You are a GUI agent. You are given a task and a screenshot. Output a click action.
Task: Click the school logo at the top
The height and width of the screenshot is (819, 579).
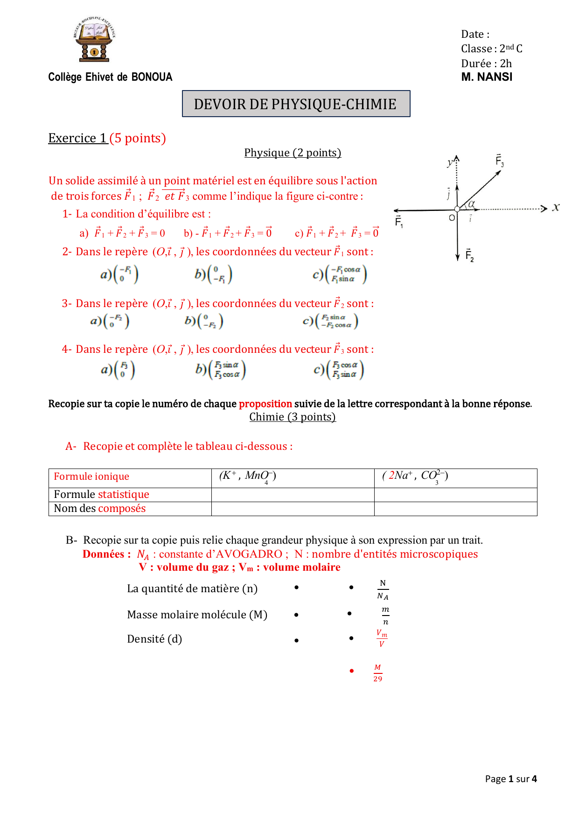point(94,40)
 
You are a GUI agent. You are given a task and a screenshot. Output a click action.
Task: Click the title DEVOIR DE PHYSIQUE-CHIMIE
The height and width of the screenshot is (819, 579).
point(295,104)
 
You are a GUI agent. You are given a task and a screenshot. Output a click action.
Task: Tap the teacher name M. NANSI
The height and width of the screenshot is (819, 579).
point(487,77)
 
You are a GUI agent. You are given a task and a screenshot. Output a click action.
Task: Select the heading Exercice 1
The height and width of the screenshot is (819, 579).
point(78,138)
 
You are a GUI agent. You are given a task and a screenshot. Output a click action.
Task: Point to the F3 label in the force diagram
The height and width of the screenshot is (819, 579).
point(499,161)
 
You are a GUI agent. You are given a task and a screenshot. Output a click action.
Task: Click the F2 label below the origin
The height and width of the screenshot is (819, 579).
point(469,255)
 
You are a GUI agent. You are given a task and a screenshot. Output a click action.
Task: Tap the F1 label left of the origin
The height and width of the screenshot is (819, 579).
point(399,221)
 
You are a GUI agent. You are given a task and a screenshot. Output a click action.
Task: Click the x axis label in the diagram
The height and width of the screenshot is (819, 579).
point(556,207)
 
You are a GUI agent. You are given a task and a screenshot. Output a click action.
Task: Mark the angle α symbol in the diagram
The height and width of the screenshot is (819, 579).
point(472,203)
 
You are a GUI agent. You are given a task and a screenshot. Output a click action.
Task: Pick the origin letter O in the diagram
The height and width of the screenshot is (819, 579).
point(452,218)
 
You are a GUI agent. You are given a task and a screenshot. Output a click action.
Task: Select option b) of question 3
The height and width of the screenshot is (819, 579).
point(204,321)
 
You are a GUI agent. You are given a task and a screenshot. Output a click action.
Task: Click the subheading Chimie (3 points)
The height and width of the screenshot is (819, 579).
point(293,417)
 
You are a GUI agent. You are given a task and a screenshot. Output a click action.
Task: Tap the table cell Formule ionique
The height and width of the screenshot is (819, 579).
point(91,476)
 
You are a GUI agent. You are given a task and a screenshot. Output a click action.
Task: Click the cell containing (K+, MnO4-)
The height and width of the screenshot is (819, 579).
point(248,476)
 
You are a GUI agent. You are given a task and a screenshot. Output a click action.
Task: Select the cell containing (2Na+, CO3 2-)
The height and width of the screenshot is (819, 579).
point(415,476)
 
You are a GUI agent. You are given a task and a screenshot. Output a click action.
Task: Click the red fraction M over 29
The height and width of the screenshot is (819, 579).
point(377,673)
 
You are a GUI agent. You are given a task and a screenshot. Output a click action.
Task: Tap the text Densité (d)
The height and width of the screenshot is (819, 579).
point(154,639)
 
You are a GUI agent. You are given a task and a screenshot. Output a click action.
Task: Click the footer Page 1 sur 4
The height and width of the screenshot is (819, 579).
point(511,779)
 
